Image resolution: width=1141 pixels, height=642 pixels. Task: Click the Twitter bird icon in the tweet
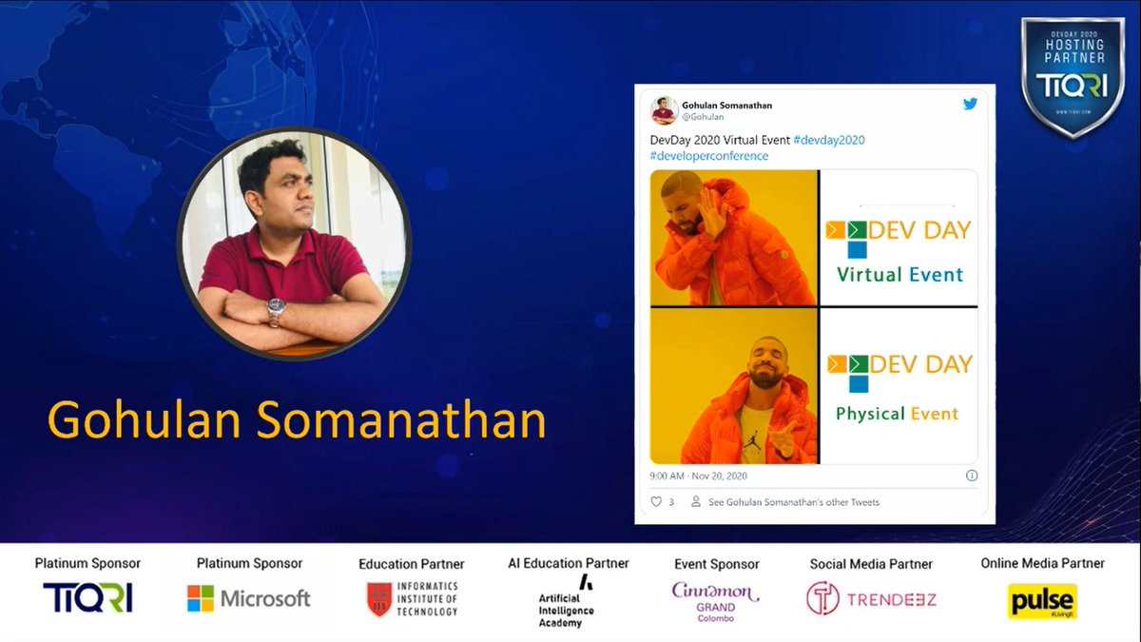970,104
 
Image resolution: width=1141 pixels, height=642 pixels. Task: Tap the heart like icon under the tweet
655,501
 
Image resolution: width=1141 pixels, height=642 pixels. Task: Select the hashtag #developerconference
709,155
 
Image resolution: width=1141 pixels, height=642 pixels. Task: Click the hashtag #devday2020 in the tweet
828,140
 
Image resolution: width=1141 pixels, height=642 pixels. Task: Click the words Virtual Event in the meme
899,275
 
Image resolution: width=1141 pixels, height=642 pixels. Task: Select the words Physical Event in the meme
897,414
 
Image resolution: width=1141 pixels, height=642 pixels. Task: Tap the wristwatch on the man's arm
275,308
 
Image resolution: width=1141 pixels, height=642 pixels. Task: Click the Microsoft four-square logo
201,598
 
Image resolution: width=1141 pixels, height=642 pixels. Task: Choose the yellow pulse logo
1041,601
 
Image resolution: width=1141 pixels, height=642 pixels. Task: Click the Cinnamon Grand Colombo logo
715,599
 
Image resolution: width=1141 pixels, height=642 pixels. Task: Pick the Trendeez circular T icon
822,598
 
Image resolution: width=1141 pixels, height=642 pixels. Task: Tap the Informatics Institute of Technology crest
379,599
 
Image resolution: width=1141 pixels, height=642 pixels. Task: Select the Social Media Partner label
871,564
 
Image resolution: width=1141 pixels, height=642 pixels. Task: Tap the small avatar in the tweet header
665,110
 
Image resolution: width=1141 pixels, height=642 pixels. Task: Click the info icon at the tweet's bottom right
972,475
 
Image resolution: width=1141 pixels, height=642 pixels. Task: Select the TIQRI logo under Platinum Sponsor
87,597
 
